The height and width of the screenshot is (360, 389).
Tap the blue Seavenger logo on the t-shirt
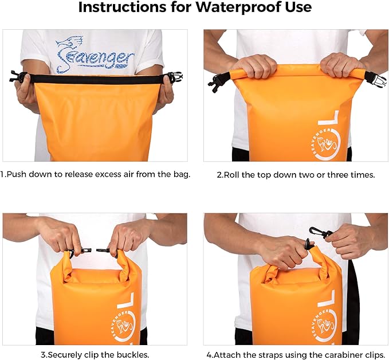point(95,54)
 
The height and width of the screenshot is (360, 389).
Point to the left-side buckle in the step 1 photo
point(17,76)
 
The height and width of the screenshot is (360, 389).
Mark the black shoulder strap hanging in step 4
point(352,304)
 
